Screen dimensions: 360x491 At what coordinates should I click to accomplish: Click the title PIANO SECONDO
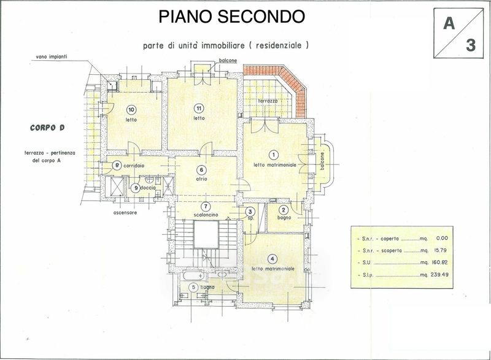point(232,17)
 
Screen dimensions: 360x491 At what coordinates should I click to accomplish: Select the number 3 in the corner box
point(470,45)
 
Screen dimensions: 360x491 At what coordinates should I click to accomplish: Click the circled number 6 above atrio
point(201,170)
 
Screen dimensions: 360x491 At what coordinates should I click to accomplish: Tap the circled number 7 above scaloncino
point(206,206)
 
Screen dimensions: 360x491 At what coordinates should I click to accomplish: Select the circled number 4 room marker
point(273,258)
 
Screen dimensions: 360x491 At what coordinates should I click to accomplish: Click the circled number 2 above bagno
point(284,210)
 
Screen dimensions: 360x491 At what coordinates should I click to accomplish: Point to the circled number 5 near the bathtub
point(194,287)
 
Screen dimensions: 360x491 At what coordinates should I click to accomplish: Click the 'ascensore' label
point(125,213)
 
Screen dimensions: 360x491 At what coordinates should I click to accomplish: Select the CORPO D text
point(47,128)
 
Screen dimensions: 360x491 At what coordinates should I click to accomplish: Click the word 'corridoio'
point(133,166)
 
